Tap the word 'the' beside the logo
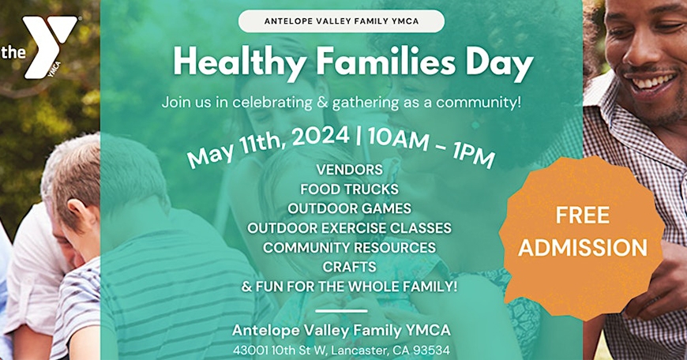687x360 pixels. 13,53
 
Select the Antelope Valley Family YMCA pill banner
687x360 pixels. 341,21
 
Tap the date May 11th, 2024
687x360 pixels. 268,145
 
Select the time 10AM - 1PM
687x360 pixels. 431,147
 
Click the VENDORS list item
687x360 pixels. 349,170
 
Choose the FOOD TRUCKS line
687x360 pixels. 349,189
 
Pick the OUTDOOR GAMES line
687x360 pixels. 349,208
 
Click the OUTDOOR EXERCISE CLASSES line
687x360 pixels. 349,228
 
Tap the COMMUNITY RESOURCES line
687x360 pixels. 349,247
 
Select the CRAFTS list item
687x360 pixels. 349,267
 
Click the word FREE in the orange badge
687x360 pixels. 583,215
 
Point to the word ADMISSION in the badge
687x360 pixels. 583,247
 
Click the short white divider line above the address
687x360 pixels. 340,311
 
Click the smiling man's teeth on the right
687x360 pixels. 652,81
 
